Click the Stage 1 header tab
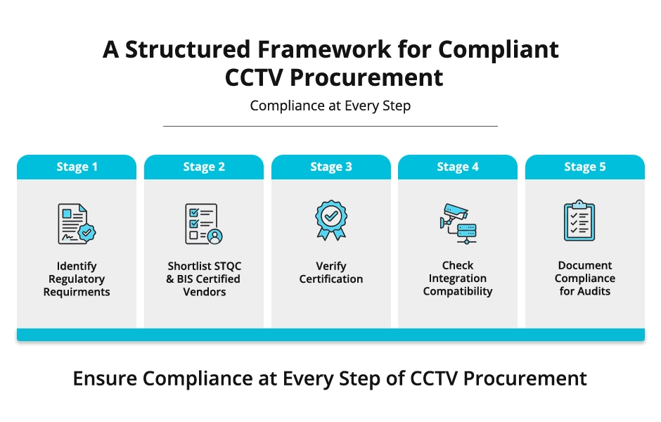(x=77, y=167)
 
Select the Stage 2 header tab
(x=204, y=167)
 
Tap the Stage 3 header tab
(x=330, y=167)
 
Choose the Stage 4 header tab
(x=458, y=167)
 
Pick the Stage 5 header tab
(x=584, y=167)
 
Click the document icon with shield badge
(x=77, y=223)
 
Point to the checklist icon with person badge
(x=204, y=224)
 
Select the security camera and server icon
(x=458, y=223)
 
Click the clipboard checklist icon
(x=584, y=222)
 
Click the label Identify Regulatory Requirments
(x=77, y=279)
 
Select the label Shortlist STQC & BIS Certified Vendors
(x=204, y=279)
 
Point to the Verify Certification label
(x=330, y=273)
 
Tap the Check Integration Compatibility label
(x=458, y=279)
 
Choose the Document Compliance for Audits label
(x=584, y=279)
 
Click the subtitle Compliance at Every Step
(x=330, y=106)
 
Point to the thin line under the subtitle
(x=330, y=127)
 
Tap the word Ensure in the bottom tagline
(x=105, y=379)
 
